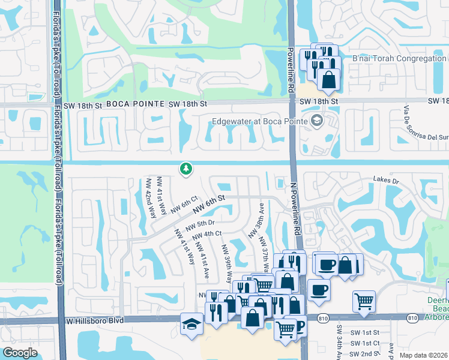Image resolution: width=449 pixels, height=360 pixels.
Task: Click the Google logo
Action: pos(20,353)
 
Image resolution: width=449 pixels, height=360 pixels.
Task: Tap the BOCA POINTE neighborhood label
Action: pos(136,104)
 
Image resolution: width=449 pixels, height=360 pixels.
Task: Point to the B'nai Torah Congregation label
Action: pos(399,58)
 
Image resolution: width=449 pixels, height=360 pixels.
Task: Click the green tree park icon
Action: pos(186,169)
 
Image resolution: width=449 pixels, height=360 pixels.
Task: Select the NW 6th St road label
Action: pos(209,203)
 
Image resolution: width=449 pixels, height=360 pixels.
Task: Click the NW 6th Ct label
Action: pos(184,204)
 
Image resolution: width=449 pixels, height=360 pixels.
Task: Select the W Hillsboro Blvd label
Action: pos(98,321)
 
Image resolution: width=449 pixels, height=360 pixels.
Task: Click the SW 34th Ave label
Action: pos(339,343)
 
